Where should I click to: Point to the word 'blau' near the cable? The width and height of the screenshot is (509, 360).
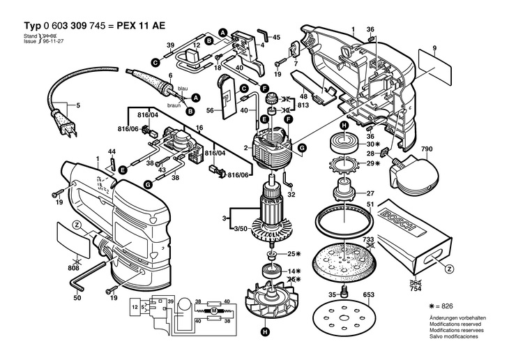point(183,88)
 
